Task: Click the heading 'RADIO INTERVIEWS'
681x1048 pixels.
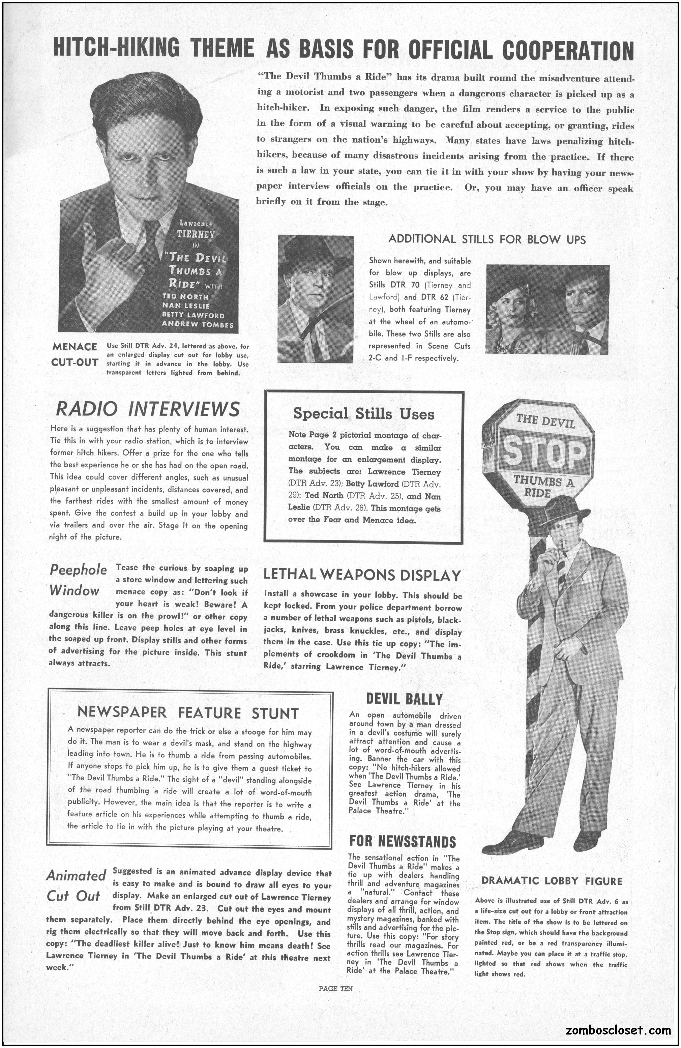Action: coord(148,409)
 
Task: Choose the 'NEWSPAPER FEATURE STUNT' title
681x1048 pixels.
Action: coord(188,713)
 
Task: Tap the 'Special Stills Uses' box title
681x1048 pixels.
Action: coord(364,414)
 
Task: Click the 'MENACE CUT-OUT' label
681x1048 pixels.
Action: coord(75,354)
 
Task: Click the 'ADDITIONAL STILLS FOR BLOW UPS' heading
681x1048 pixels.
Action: coord(487,239)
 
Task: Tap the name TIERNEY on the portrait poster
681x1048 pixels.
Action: coord(196,233)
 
